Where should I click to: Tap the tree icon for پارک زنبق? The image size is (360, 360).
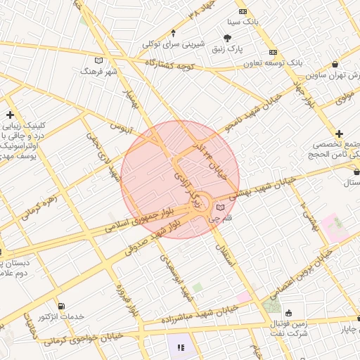[x=227, y=38]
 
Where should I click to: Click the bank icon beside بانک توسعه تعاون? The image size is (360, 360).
[x=273, y=53]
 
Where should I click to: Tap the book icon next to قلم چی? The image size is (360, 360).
[x=221, y=207]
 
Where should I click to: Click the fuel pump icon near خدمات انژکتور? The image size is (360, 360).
[x=63, y=307]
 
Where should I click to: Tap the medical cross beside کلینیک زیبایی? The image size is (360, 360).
[x=10, y=115]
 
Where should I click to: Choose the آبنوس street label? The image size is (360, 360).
[x=121, y=127]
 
